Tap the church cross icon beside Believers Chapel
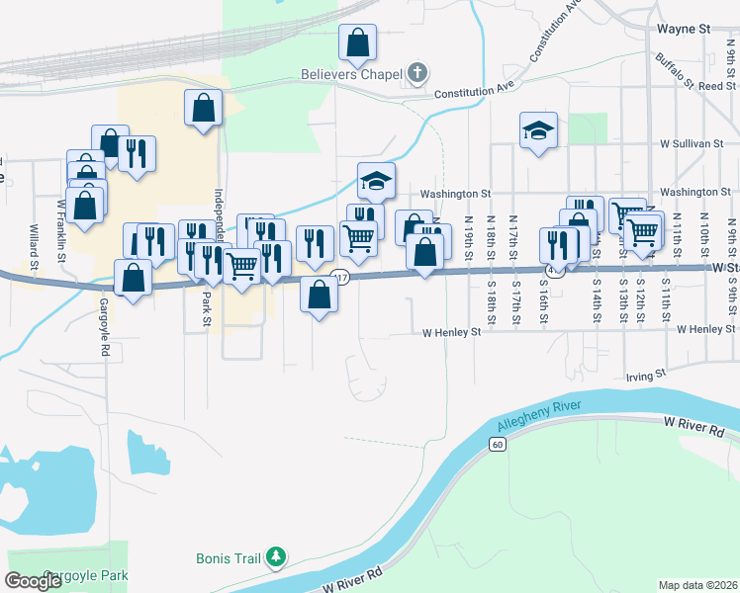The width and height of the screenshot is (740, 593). [417, 73]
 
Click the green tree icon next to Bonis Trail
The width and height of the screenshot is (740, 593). [277, 559]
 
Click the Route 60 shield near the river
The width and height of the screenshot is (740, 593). [497, 445]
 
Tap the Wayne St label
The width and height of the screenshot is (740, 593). [685, 30]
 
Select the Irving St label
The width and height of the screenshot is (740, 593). [647, 377]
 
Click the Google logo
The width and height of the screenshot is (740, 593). [33, 581]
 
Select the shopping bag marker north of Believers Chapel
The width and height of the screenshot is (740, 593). [357, 42]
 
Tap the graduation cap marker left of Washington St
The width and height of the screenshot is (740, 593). [376, 180]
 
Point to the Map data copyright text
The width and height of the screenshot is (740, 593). [697, 585]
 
